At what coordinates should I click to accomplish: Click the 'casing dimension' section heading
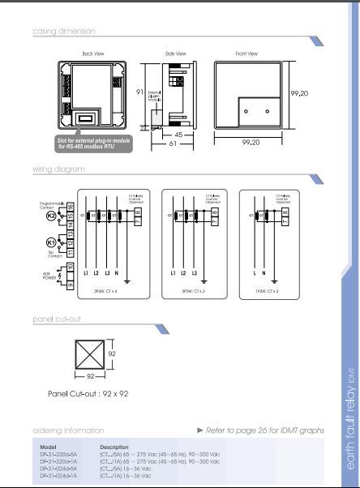[x=63, y=32]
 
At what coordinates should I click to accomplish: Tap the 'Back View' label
[x=94, y=53]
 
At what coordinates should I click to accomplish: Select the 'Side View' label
[x=175, y=53]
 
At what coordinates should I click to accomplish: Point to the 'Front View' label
[x=246, y=53]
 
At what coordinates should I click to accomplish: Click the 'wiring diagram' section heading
[x=58, y=169]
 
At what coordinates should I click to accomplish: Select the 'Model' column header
[x=48, y=447]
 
